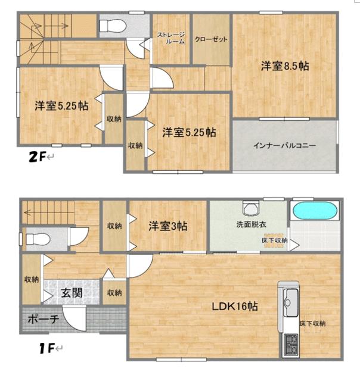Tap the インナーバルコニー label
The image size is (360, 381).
point(284,145)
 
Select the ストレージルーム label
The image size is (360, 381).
point(171,39)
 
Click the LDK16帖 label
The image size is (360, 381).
point(236,307)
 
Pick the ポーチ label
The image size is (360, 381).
point(44,320)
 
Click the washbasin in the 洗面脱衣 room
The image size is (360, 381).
point(249,208)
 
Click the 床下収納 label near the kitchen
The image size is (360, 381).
point(313,323)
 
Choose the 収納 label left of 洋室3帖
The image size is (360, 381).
point(114,226)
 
